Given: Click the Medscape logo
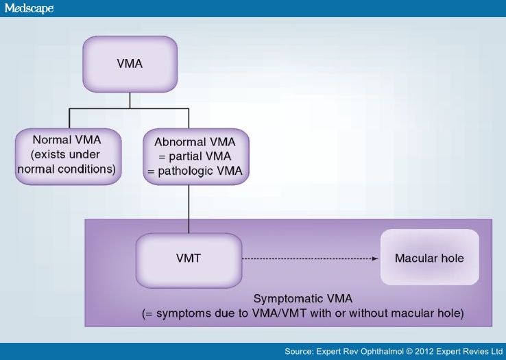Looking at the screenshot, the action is [29, 8].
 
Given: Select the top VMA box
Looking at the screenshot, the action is [130, 64].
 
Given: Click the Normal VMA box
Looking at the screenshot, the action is [68, 156].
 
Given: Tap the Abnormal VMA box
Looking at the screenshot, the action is [196, 156].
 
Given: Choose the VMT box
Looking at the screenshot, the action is [189, 261].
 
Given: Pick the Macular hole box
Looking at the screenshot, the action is [429, 257].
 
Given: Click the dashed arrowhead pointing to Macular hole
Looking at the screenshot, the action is [375, 259].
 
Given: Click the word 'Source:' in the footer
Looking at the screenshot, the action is [299, 351].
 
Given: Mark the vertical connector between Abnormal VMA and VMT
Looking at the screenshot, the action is [189, 209].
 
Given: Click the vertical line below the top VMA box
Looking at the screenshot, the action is [130, 100].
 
